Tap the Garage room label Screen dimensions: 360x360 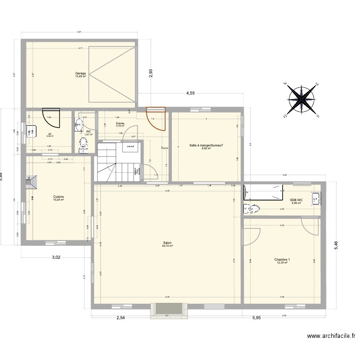click(80, 73)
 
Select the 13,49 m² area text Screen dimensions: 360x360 click(80, 77)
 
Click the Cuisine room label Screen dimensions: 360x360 click(59, 196)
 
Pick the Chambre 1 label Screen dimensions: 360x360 click(282, 259)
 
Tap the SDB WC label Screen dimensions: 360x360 click(296, 200)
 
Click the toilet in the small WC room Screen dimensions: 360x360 click(84, 143)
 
